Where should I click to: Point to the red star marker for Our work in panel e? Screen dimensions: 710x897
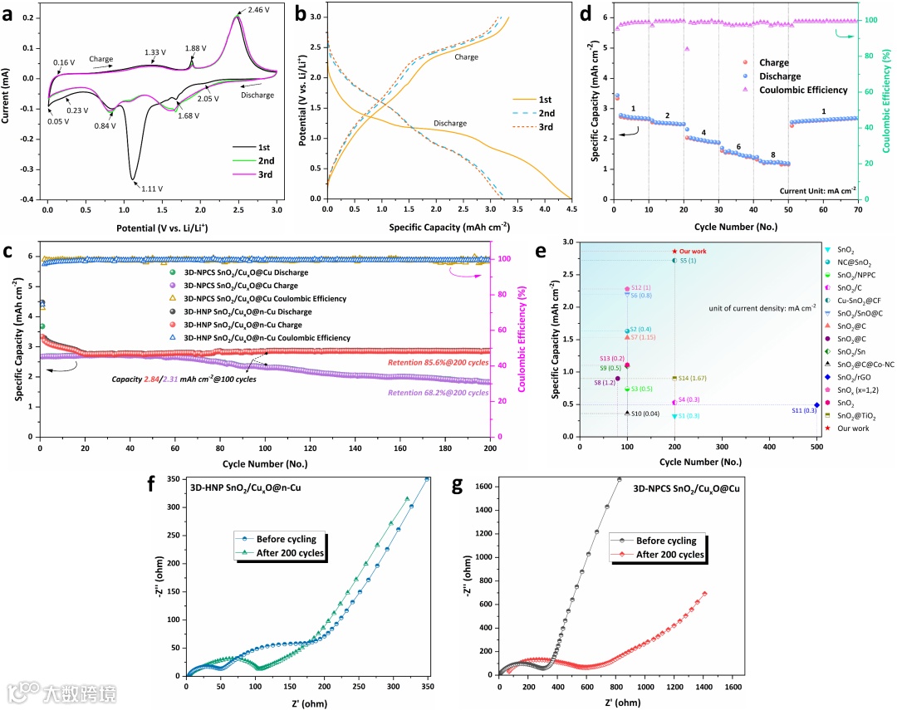point(674,252)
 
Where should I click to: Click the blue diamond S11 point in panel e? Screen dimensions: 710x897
point(817,405)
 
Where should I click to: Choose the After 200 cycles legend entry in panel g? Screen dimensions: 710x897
point(669,555)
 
